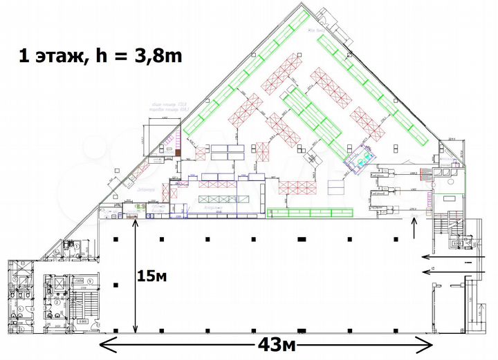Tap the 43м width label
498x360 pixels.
coord(268,343)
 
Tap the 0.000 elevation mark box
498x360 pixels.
coord(82,321)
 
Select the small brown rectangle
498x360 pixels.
coord(178,152)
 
